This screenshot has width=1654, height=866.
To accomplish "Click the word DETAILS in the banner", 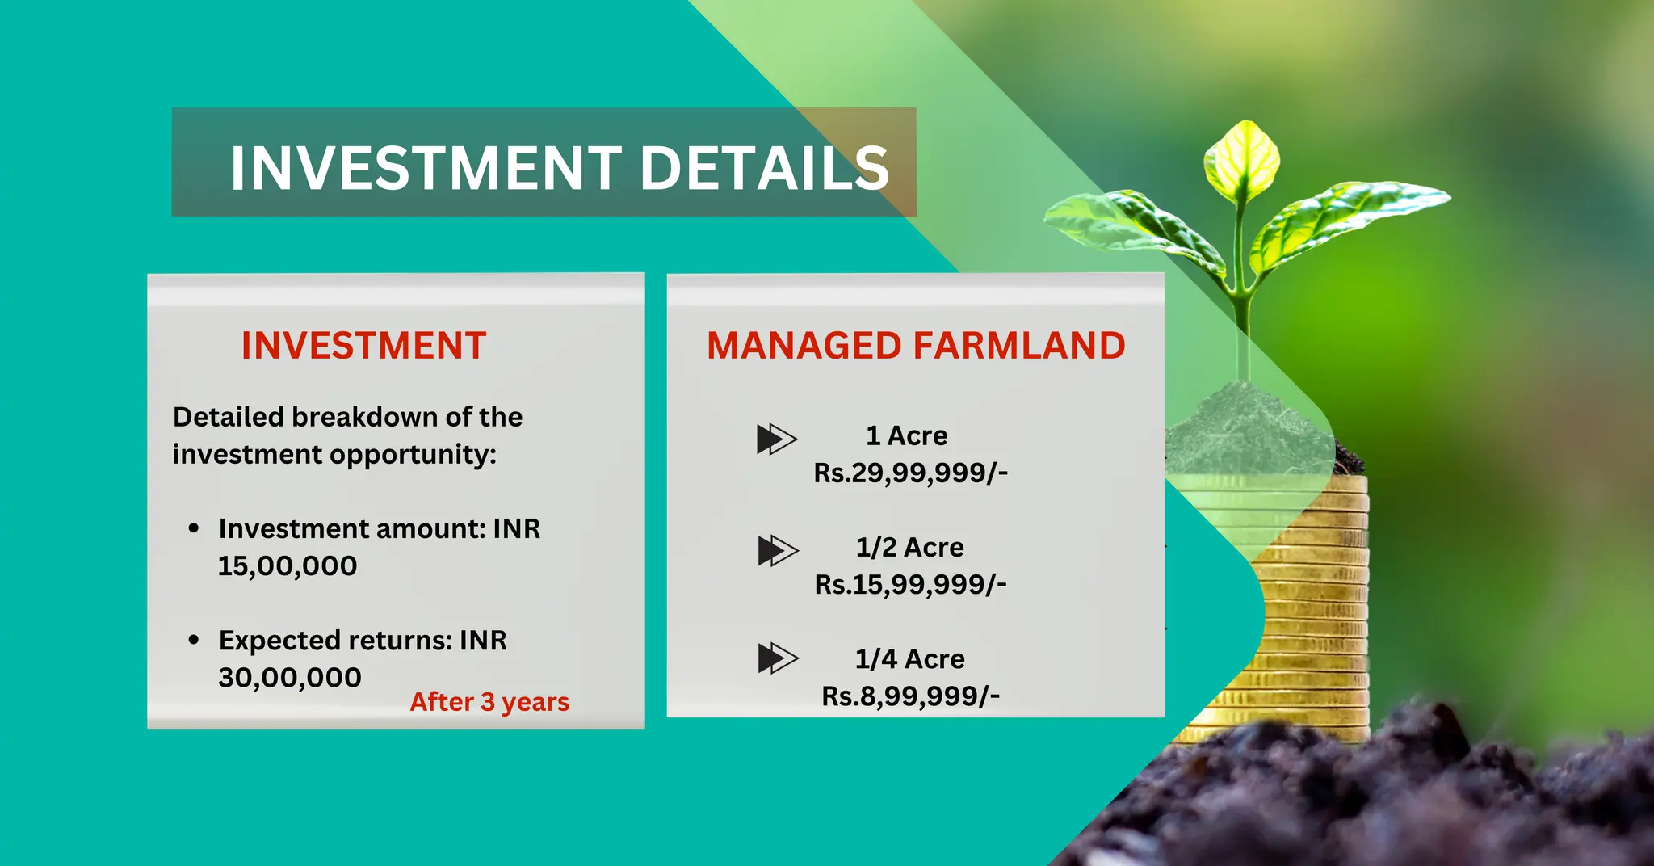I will (764, 168).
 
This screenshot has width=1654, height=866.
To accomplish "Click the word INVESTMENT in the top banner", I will (426, 168).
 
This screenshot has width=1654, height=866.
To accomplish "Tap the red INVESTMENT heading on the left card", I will (363, 346).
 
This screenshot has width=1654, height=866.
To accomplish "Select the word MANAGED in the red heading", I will (803, 346).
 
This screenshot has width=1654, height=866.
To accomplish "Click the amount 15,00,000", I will (288, 565).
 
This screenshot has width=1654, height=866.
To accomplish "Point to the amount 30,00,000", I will (289, 677).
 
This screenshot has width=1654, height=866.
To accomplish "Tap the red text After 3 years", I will (489, 701).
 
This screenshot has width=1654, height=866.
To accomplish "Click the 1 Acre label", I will (906, 435).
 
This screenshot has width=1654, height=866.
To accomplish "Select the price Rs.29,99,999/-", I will (910, 473).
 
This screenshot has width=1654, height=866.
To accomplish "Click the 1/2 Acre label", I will (909, 547).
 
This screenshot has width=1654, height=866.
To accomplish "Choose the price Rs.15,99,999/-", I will (910, 584).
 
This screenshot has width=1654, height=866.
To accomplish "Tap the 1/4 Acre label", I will (909, 658).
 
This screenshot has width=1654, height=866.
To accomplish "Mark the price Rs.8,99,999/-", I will (910, 696).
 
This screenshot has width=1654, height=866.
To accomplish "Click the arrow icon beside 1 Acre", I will (777, 439).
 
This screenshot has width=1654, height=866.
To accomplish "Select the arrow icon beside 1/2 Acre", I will (778, 550).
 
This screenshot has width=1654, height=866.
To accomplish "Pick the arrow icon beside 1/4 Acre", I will (778, 658).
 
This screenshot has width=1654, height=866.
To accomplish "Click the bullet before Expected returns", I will (194, 640).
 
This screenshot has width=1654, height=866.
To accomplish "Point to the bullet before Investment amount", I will (194, 528).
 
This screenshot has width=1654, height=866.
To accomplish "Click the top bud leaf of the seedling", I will (1242, 158).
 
